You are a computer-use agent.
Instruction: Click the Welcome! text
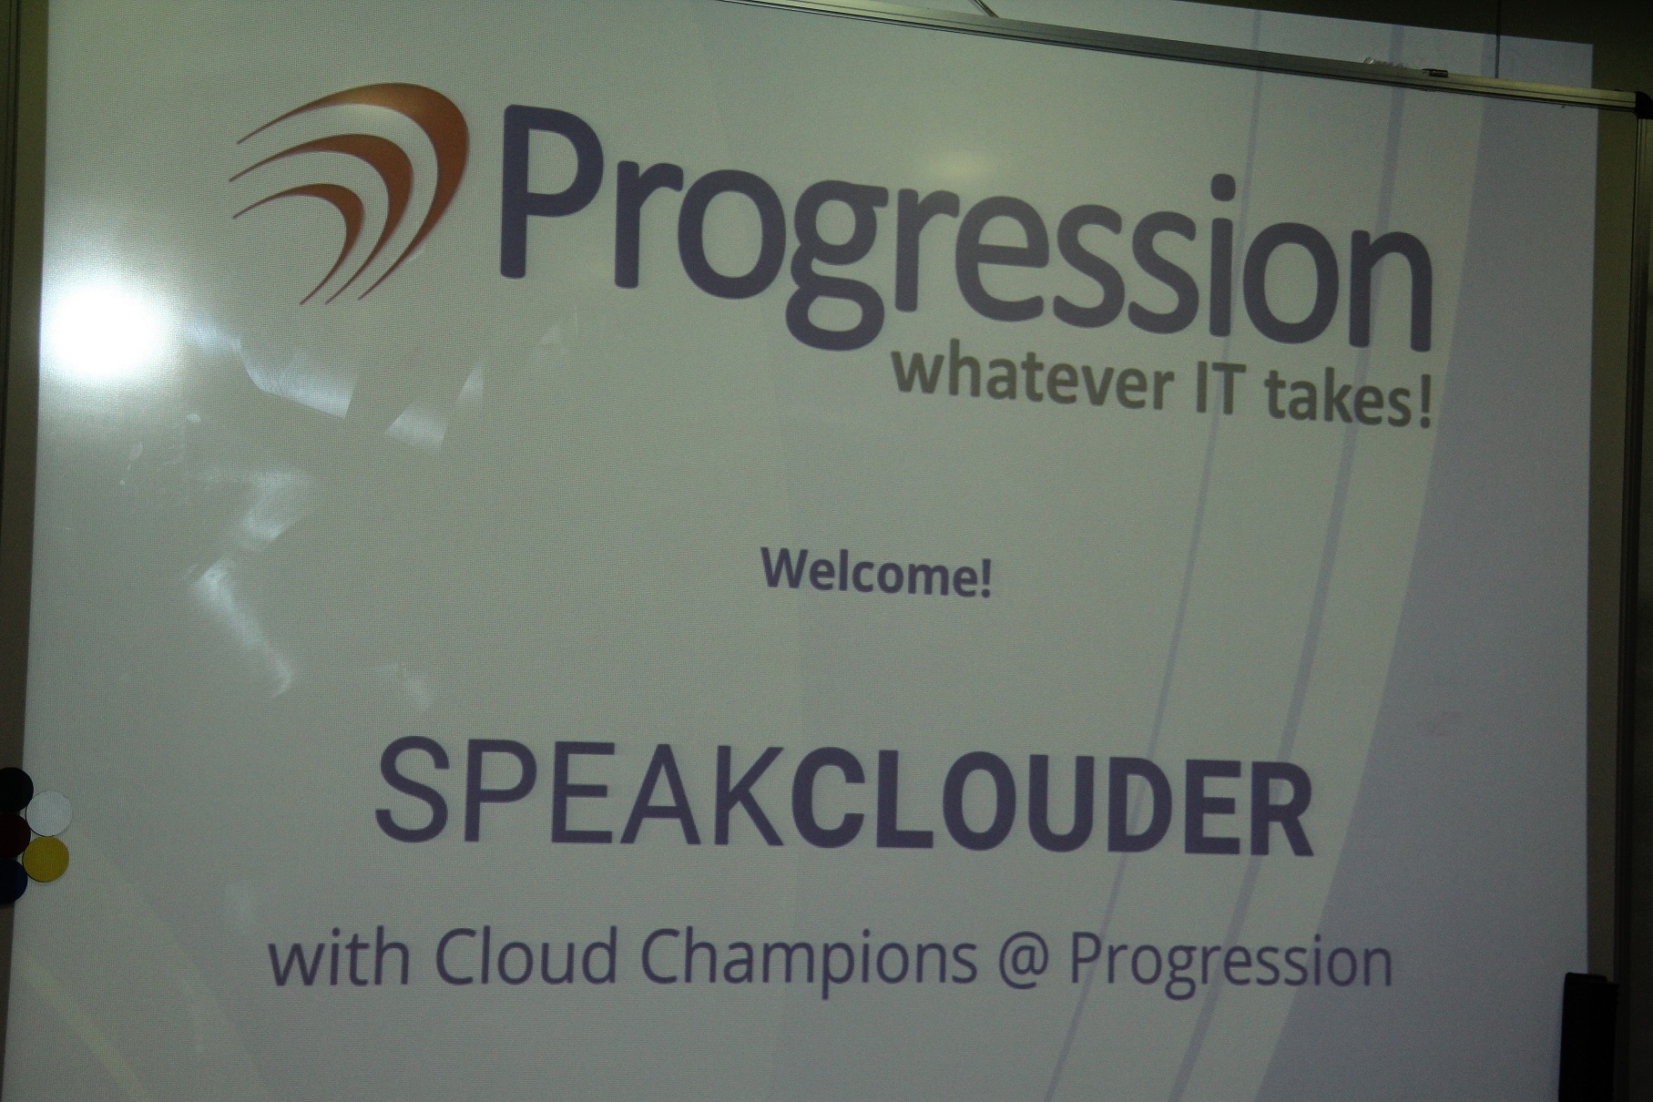(875, 579)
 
